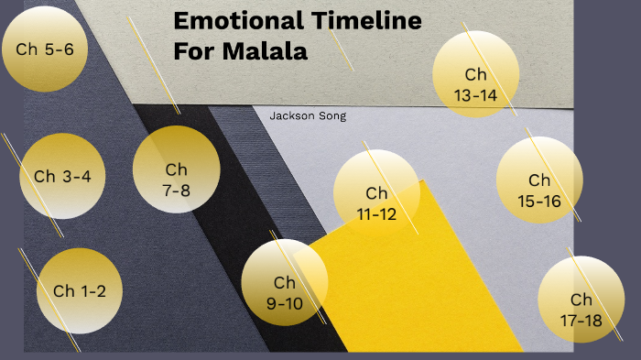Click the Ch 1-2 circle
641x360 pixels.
coord(80,291)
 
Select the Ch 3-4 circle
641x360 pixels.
coord(62,176)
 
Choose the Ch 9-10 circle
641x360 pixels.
coord(285,282)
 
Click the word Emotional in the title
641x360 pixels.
coord(232,22)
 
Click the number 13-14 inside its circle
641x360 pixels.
coord(475,94)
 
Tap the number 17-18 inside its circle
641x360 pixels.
coord(581,320)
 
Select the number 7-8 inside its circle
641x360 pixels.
coord(176,190)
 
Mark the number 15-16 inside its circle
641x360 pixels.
coord(539,201)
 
